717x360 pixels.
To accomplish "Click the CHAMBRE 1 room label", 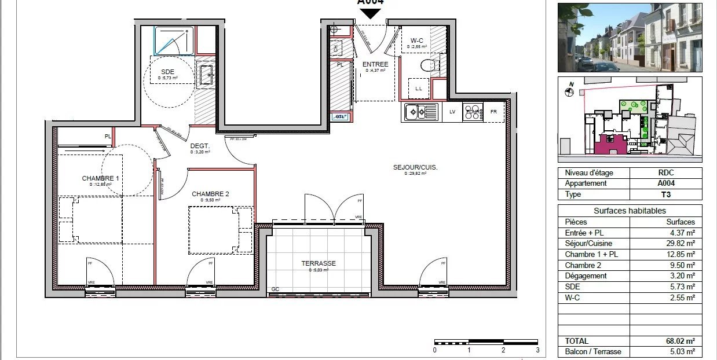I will [x=100, y=178].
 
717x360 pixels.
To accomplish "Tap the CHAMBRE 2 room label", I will [x=211, y=194].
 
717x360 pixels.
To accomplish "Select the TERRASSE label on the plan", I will [x=318, y=263].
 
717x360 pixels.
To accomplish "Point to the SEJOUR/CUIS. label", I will [x=415, y=167].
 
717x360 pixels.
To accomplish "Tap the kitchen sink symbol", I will [x=421, y=112].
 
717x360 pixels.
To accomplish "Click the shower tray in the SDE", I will [x=174, y=41].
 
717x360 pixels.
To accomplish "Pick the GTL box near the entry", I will [x=340, y=117].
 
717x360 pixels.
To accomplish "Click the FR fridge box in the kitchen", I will [x=494, y=112].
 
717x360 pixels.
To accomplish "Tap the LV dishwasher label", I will [x=452, y=112].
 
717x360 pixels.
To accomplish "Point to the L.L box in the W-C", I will [x=419, y=89].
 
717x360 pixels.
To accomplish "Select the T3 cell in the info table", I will [x=665, y=194].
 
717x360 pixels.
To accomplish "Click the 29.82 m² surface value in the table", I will [x=681, y=244].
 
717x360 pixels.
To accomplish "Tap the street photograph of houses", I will [x=630, y=37].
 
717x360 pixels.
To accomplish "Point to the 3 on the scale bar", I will [x=537, y=350].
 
